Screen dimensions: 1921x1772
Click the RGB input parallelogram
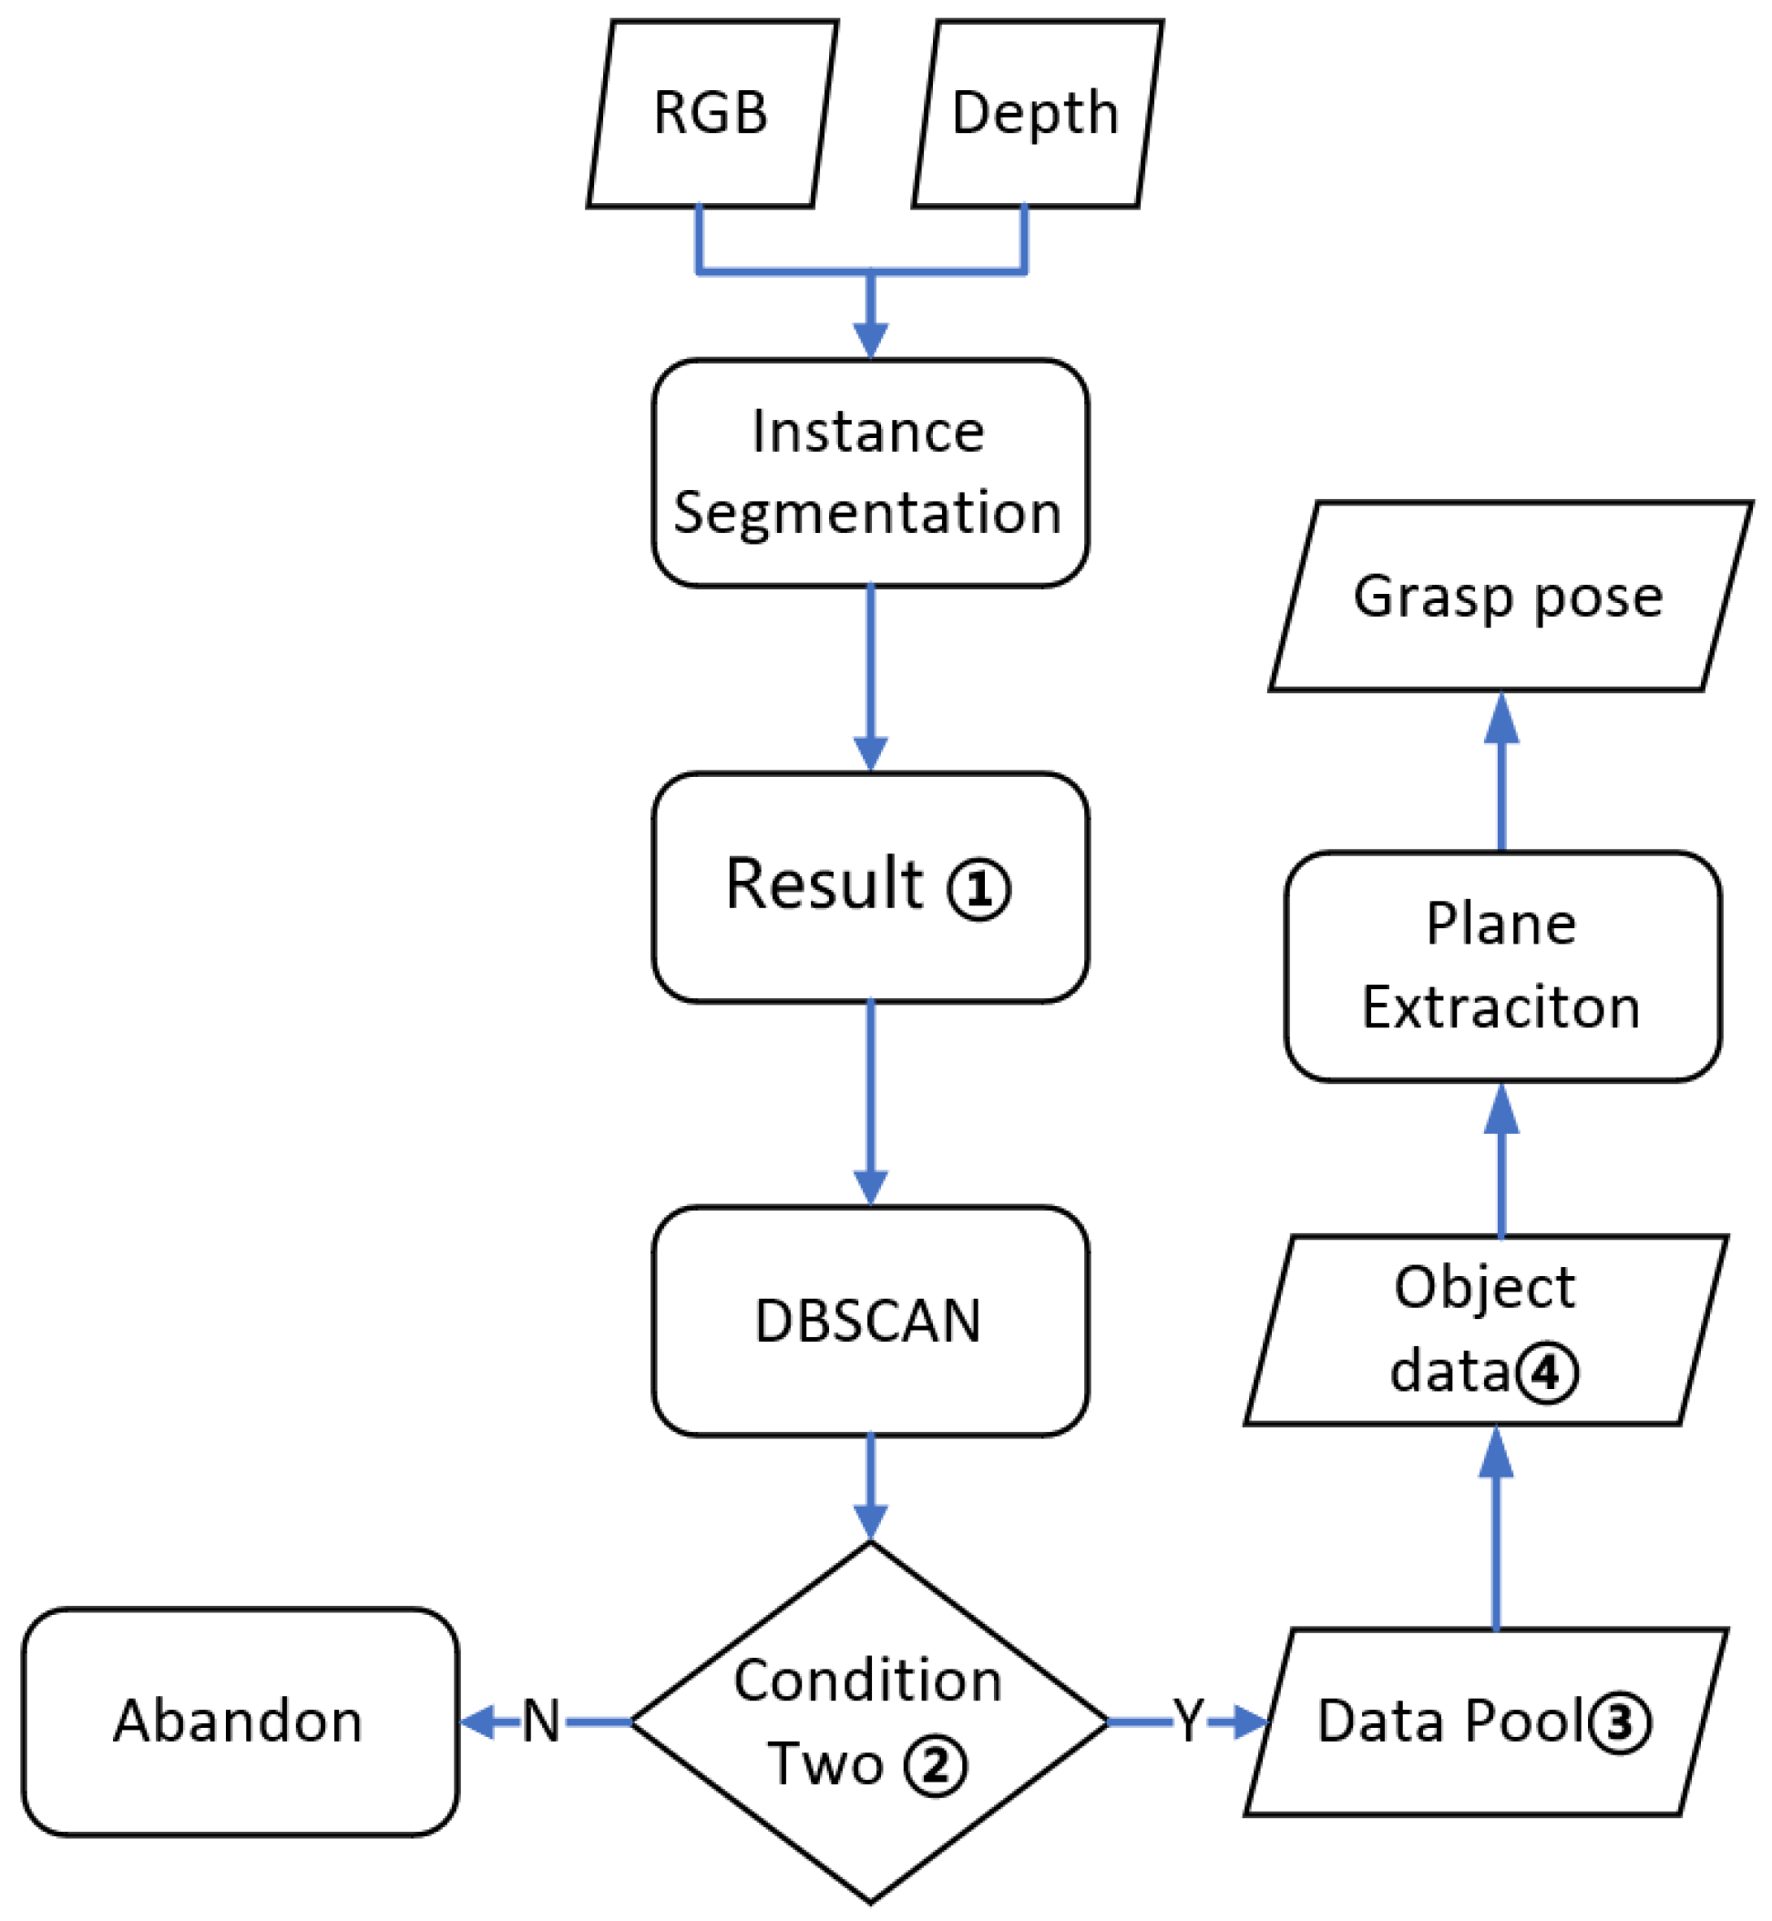[x=712, y=113]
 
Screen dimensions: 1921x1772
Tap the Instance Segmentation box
[x=870, y=473]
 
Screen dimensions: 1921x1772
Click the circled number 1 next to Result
[x=978, y=890]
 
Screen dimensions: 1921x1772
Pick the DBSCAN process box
[x=870, y=1322]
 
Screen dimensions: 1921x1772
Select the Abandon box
[x=240, y=1722]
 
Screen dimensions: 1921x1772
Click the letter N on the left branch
[x=541, y=1722]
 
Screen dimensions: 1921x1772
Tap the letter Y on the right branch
[x=1188, y=1722]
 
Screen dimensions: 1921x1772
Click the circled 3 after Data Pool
[x=1620, y=1722]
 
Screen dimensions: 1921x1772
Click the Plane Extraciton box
[x=1502, y=966]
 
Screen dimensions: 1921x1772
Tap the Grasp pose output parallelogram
[x=1511, y=598]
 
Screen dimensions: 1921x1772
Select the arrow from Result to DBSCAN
[x=870, y=1102]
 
